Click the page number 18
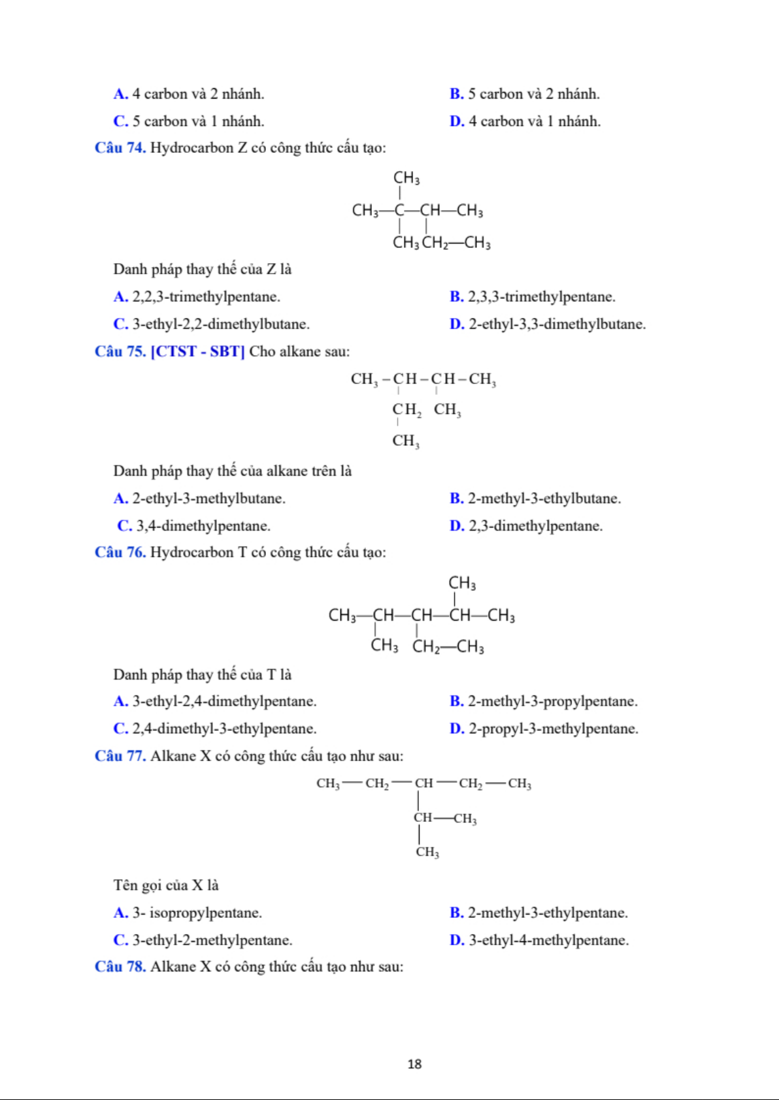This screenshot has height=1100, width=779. (414, 1064)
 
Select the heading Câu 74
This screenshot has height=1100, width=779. (120, 148)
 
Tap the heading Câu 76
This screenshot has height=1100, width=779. (120, 553)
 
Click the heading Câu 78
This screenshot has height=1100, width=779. (120, 967)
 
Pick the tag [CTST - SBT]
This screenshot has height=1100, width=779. (197, 352)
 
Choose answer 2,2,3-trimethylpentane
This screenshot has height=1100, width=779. (206, 297)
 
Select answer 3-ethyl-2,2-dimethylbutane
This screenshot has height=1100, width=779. (221, 324)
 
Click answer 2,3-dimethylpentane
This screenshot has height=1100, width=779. (535, 526)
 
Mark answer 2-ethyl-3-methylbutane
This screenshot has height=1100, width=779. (208, 499)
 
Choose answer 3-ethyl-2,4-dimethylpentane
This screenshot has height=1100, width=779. (224, 702)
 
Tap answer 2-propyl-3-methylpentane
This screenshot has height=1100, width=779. (553, 729)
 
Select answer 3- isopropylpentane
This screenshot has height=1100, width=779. (197, 913)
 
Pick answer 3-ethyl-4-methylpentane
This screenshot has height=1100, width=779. (548, 941)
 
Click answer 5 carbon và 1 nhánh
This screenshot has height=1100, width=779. (198, 121)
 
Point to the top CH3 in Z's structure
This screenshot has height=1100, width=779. (406, 178)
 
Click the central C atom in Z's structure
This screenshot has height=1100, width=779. (399, 211)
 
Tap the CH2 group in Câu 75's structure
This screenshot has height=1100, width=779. (406, 410)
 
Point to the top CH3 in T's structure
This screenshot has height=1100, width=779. (462, 583)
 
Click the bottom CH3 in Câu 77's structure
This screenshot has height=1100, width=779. (427, 852)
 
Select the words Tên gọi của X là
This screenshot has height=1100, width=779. (166, 886)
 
